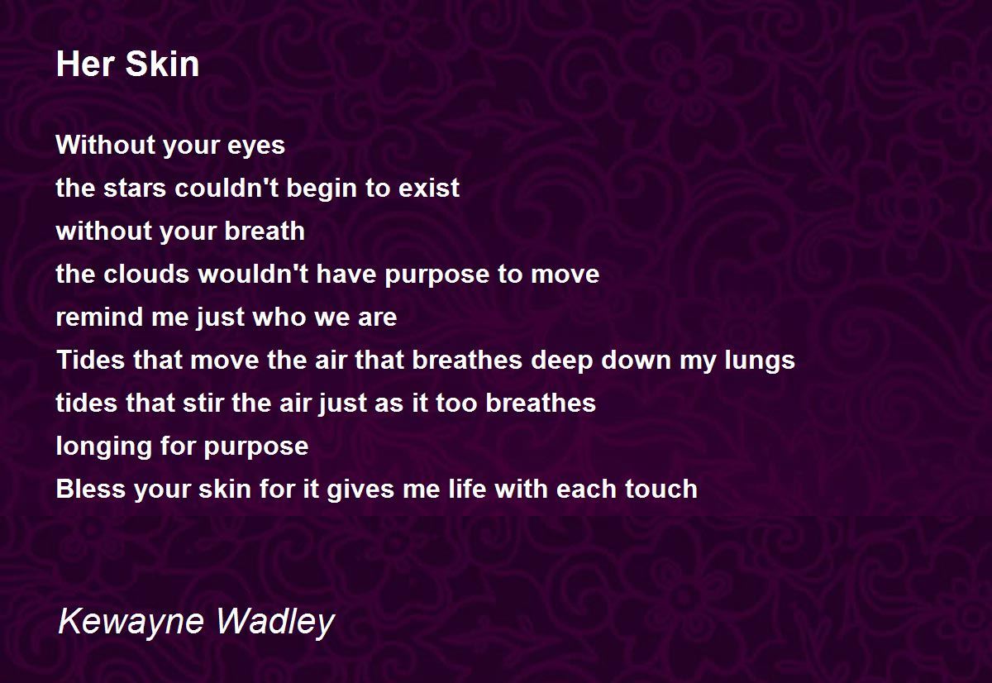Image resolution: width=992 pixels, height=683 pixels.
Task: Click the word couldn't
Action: click(217, 189)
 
